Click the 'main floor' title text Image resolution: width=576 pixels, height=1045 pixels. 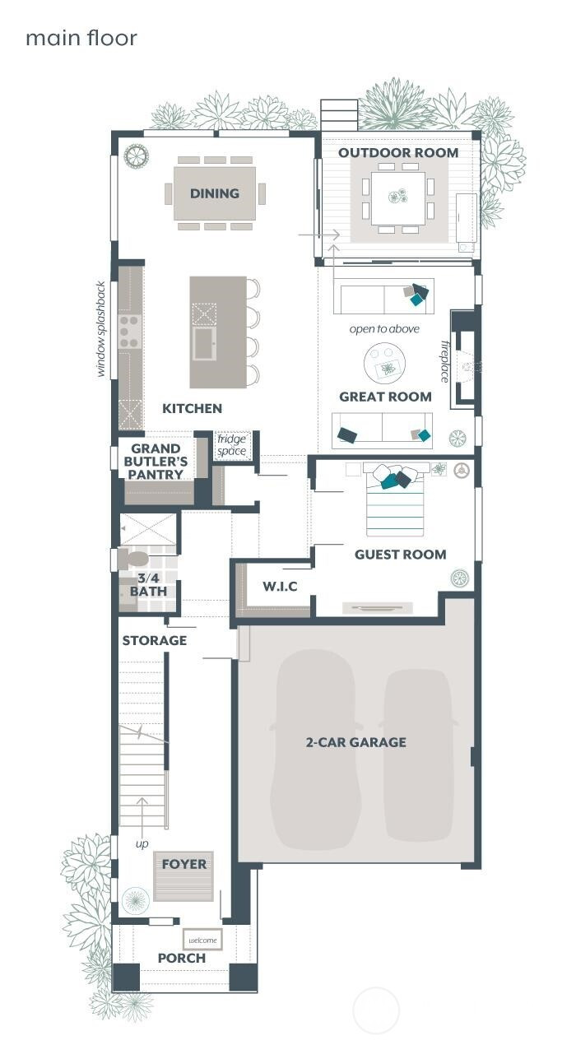(x=81, y=38)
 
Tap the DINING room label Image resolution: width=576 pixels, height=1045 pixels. (x=215, y=193)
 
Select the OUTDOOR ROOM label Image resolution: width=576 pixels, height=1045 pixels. (x=398, y=152)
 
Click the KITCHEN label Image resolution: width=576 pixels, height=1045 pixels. (x=192, y=408)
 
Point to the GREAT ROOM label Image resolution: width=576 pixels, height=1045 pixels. (x=385, y=397)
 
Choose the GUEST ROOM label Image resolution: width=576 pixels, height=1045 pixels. (x=400, y=555)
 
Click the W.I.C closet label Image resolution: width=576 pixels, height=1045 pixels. (x=279, y=587)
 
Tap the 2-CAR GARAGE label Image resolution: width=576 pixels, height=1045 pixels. (x=355, y=742)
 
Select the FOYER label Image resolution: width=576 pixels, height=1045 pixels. (x=184, y=864)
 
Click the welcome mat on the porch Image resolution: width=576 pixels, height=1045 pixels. (x=202, y=940)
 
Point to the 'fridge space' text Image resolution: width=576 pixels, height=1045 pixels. (x=231, y=445)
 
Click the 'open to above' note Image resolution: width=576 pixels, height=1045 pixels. (x=384, y=329)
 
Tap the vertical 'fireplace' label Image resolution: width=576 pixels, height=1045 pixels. (x=445, y=360)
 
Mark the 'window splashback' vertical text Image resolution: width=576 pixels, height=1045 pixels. (x=101, y=329)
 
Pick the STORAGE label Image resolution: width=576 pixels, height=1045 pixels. (x=155, y=640)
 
